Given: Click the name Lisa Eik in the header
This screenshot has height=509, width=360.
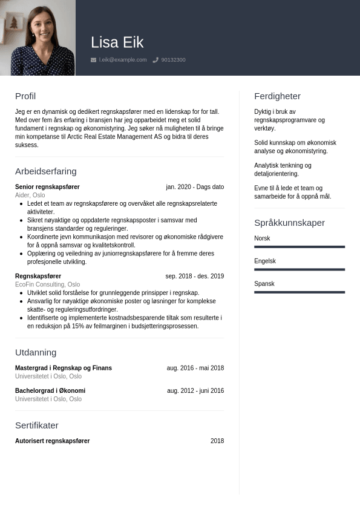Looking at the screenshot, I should point(117,42).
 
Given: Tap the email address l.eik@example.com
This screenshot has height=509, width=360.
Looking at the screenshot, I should point(123,60).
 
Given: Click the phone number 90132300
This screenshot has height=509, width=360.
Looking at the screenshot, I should point(173,60).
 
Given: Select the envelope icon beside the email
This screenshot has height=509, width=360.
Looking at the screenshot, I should point(93,60).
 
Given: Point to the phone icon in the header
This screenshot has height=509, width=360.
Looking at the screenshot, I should point(155,60).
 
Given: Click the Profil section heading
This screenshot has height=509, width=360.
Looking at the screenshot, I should point(25,96).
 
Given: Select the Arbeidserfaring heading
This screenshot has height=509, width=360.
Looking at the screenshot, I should point(46,171).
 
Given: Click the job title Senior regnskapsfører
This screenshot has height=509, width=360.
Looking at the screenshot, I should point(47,187).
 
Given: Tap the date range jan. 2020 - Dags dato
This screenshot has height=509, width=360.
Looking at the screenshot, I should point(195,187).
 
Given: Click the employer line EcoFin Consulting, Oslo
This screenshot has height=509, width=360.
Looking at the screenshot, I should point(47,284).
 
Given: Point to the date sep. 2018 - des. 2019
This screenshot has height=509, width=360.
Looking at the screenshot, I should point(194,276).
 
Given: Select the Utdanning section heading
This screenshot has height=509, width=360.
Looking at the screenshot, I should point(36,352).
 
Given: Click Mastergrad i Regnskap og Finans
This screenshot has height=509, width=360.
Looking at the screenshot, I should point(64,368).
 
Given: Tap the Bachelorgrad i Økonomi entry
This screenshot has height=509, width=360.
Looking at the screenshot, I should point(50,391).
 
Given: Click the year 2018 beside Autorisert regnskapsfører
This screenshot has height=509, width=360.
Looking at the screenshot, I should point(217,441).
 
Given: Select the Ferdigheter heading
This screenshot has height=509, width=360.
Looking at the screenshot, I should point(277,96).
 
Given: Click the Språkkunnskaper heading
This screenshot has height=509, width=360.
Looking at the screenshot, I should point(289,223).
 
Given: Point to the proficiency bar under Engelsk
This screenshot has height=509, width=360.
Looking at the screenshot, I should point(299,269).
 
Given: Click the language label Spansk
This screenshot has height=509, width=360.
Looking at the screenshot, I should point(264,284).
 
